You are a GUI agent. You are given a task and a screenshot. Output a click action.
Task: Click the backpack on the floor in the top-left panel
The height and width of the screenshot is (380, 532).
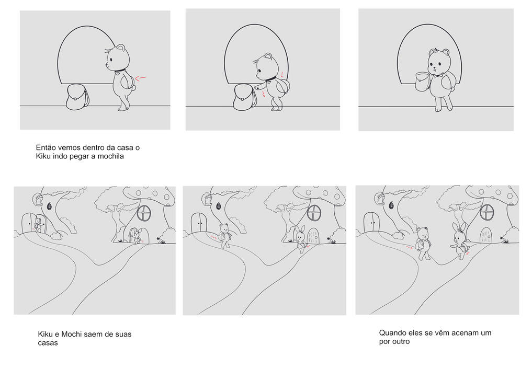pyautogui.click(x=78, y=97)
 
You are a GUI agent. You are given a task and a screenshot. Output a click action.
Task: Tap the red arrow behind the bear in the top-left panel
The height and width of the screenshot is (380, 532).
pyautogui.click(x=141, y=78)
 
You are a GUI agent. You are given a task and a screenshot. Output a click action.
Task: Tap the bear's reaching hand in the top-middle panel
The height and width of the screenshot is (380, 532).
pyautogui.click(x=258, y=87)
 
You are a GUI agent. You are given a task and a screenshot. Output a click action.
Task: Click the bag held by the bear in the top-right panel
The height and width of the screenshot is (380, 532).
pyautogui.click(x=423, y=82)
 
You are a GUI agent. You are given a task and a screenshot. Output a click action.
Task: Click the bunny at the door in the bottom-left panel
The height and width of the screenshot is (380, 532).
pyautogui.click(x=137, y=236)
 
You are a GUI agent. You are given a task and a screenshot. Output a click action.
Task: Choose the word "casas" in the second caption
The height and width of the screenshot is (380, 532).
pyautogui.click(x=48, y=343)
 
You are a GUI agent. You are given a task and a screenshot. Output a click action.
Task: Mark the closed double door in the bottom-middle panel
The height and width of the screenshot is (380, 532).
pyautogui.click(x=199, y=223)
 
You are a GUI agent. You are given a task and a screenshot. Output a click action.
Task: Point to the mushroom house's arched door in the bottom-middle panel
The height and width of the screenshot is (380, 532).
pyautogui.click(x=313, y=236)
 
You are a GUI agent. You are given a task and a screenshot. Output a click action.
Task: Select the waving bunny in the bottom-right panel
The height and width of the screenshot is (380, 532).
pyautogui.click(x=460, y=241)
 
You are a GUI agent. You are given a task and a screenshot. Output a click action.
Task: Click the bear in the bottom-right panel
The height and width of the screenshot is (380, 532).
pyautogui.click(x=423, y=244)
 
